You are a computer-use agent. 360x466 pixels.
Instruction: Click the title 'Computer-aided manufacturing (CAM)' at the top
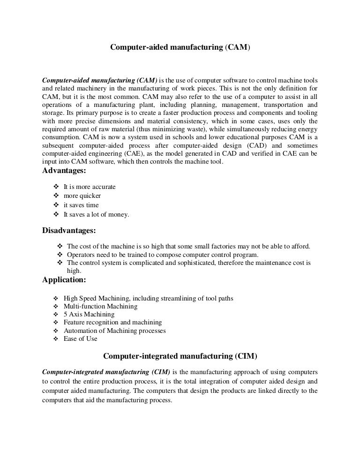[180, 47]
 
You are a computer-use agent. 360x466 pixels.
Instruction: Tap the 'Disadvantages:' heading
[69, 231]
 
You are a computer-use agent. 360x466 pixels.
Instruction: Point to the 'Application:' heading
[64, 280]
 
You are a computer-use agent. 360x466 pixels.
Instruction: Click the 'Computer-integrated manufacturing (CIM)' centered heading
[180, 356]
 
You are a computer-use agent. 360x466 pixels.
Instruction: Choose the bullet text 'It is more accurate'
[90, 187]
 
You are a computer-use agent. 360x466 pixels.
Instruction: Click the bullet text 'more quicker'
[82, 196]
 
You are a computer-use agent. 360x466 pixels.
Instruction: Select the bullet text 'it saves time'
[81, 205]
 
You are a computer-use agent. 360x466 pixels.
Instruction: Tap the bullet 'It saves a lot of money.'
[96, 215]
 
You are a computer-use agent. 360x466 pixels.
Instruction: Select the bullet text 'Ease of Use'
[81, 339]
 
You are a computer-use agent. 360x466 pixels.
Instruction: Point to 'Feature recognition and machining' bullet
[112, 323]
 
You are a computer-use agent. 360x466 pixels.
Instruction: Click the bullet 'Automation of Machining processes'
[114, 331]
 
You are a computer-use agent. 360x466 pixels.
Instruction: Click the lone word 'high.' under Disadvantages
[74, 271]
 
